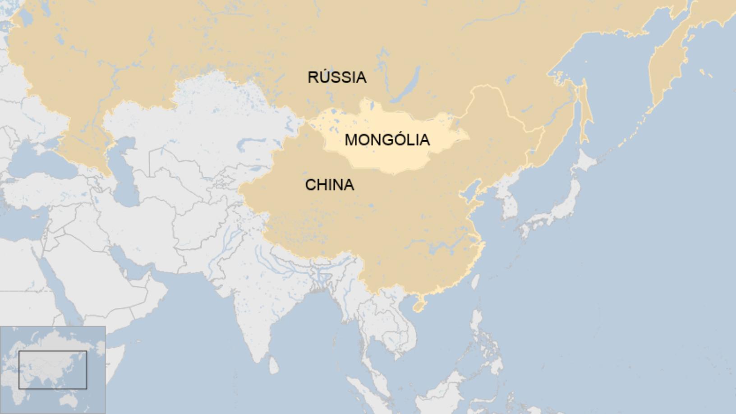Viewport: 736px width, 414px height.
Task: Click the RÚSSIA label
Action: [x=337, y=77]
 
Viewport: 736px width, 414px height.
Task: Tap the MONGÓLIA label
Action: [x=387, y=140]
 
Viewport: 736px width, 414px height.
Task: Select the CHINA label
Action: [x=329, y=185]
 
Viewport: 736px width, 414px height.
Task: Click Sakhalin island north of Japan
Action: [x=584, y=113]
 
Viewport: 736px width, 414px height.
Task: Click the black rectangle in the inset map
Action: [x=53, y=370]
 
